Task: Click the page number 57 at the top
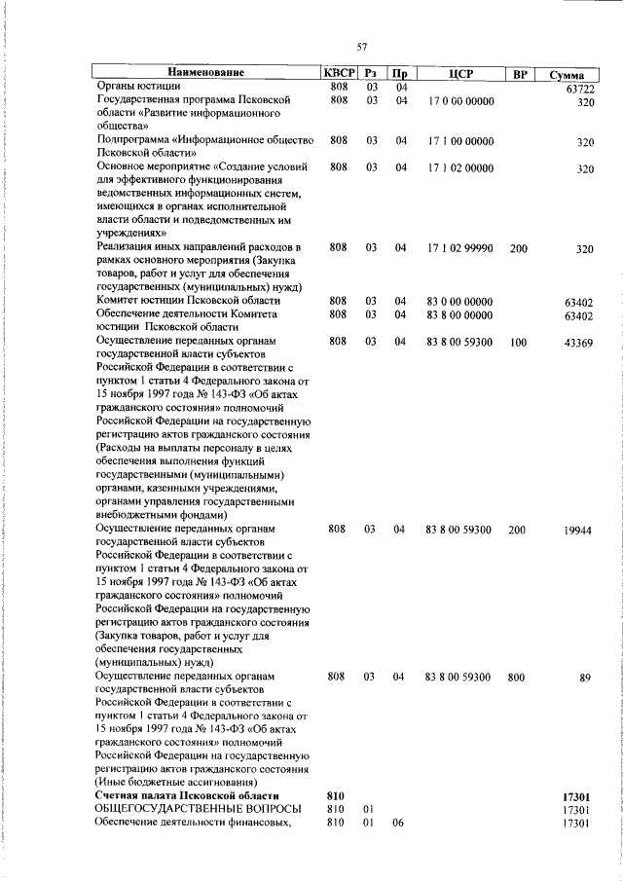(x=361, y=47)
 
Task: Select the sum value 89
(x=585, y=678)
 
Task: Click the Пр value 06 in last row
(x=398, y=823)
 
